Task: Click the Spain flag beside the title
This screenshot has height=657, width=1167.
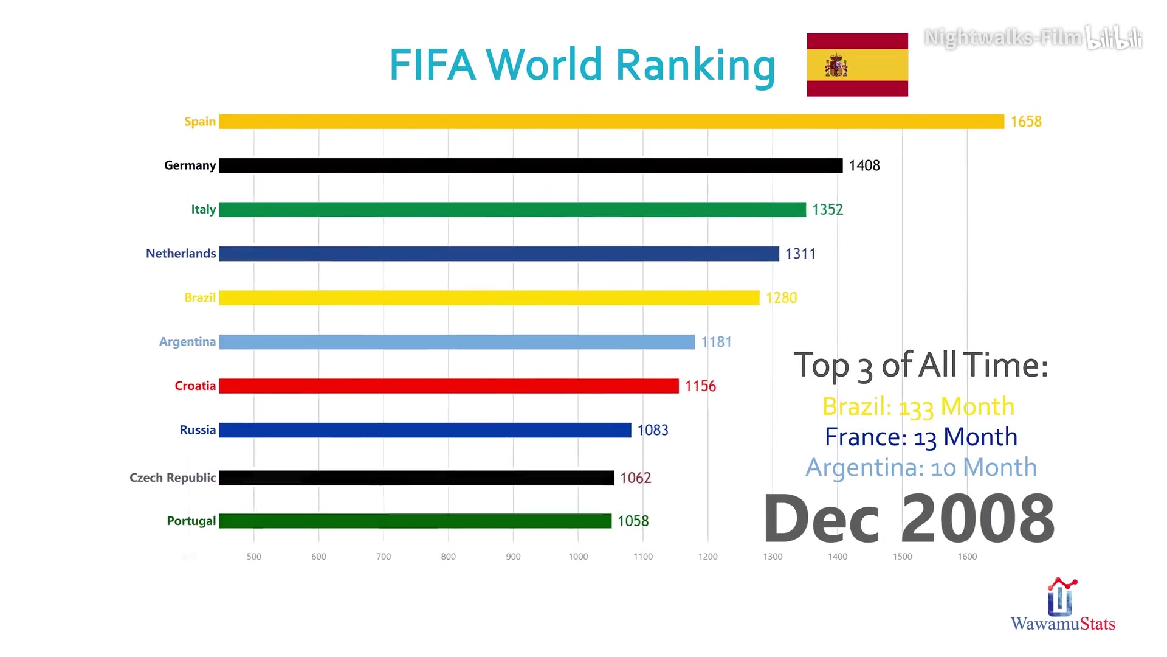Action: tap(857, 64)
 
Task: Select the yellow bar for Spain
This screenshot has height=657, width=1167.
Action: tap(611, 122)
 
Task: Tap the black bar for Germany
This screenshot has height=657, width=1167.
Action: tap(530, 165)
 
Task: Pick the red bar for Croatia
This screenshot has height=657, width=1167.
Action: tap(449, 386)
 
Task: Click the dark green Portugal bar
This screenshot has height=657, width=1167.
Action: tap(415, 521)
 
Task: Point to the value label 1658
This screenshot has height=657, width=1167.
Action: tap(1026, 122)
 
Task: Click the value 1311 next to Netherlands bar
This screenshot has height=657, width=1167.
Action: tap(800, 254)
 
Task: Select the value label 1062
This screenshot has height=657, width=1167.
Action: tap(635, 478)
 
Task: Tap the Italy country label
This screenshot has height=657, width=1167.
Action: tap(203, 209)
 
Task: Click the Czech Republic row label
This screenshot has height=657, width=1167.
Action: tap(173, 478)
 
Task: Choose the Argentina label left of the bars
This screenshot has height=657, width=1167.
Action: tap(187, 342)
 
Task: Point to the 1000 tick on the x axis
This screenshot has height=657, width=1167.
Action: tap(578, 557)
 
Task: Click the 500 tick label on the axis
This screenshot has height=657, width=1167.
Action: tap(254, 557)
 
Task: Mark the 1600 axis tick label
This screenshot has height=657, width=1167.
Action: tap(967, 557)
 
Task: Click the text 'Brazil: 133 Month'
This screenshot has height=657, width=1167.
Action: tap(918, 407)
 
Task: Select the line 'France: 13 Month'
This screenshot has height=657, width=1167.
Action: tap(921, 437)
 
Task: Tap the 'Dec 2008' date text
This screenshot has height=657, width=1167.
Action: tap(909, 519)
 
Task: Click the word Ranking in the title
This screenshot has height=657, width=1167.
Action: tap(695, 66)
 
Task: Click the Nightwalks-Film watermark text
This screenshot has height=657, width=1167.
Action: tap(1003, 38)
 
